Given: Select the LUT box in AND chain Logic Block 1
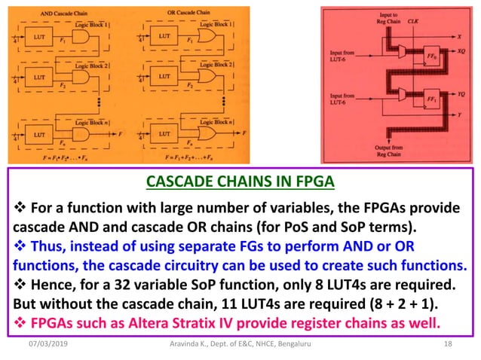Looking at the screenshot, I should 39,35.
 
